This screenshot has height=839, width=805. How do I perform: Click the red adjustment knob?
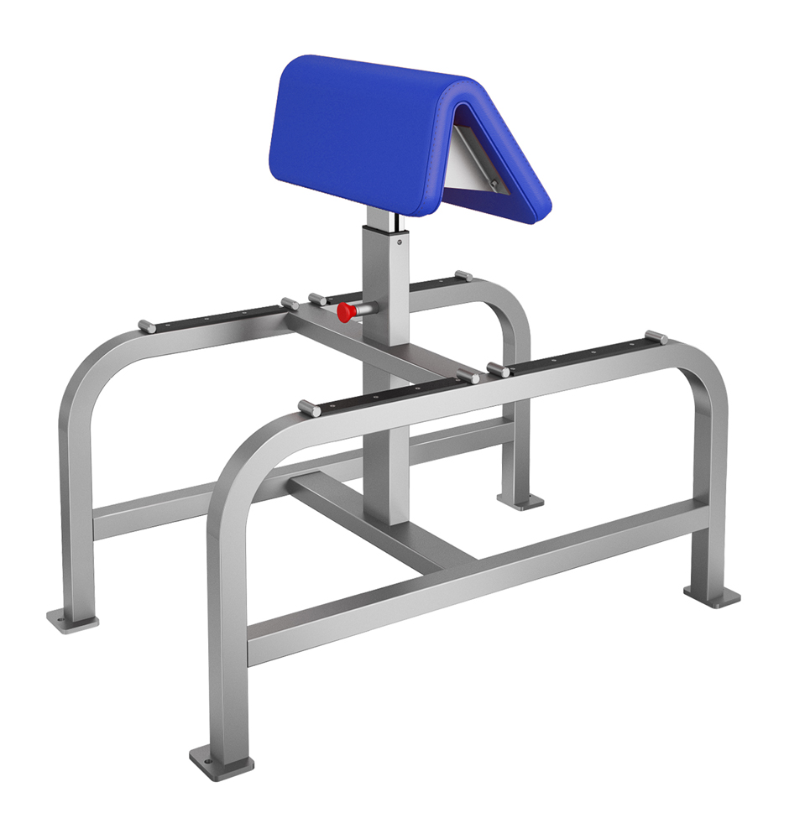click(344, 313)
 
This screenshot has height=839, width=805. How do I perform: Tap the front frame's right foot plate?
click(711, 594)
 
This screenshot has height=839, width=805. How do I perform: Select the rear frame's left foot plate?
click(72, 619)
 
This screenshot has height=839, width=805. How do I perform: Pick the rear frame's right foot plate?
click(520, 501)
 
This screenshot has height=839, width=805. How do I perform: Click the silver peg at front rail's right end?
click(656, 337)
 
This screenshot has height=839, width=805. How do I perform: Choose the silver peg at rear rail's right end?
click(463, 275)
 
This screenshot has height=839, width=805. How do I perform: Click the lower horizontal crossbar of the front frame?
click(478, 571)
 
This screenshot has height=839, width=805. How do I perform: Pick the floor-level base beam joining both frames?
click(378, 520)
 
